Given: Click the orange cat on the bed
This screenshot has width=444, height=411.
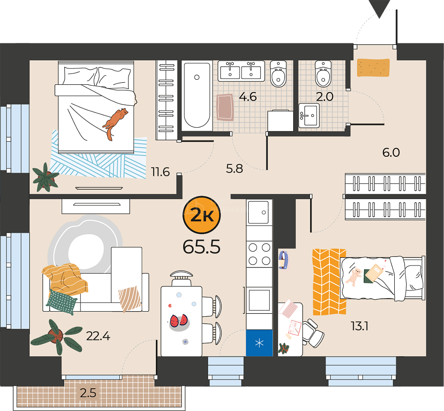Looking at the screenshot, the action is [x=115, y=122].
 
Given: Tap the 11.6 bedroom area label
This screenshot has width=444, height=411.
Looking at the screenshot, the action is [x=160, y=172].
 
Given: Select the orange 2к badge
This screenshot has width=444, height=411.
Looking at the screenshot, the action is [x=202, y=215].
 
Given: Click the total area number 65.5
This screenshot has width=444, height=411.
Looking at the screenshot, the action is [x=201, y=247].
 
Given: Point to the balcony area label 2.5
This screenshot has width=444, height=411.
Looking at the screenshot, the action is [x=88, y=393].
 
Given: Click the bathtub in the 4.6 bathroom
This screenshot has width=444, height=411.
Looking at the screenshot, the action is [x=197, y=95].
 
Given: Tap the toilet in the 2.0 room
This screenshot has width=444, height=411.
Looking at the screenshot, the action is [x=323, y=74].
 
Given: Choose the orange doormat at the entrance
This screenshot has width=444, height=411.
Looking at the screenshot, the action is [x=373, y=67].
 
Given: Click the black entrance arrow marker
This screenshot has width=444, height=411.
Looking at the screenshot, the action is [x=379, y=9].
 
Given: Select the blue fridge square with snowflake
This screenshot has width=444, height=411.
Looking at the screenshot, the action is [x=259, y=343].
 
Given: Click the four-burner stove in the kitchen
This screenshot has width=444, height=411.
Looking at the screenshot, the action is [x=259, y=254].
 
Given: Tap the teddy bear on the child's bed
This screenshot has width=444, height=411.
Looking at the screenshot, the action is [x=354, y=277].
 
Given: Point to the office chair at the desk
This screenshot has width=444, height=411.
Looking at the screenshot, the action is [x=313, y=333].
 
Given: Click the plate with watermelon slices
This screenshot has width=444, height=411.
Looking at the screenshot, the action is [x=179, y=322].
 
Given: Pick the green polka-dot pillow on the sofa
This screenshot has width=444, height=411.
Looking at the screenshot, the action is [x=62, y=302].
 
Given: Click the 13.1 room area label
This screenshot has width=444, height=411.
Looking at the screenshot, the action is [x=360, y=326].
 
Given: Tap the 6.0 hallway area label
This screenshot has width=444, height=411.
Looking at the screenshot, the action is [x=391, y=152].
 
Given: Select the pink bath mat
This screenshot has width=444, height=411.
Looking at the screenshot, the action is [x=225, y=107].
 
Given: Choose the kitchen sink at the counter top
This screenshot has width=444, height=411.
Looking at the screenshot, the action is [x=258, y=212].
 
